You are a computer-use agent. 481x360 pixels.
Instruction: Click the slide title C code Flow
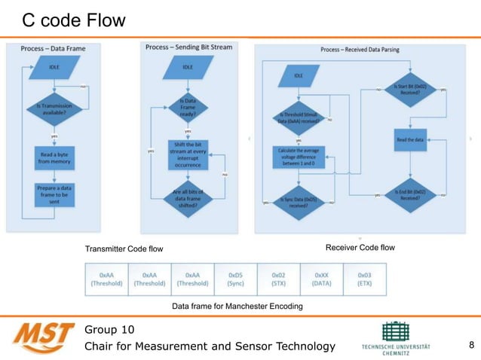[x=73, y=20]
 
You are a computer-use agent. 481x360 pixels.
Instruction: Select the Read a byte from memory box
[x=54, y=157]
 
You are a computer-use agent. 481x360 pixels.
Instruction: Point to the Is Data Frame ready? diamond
[x=188, y=108]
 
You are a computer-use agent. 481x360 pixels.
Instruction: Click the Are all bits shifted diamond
[x=188, y=197]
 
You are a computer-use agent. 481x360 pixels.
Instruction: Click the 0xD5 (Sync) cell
[x=236, y=279]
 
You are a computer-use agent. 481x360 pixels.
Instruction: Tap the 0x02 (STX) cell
[x=279, y=279]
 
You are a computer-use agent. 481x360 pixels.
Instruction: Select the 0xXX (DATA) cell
[x=322, y=279]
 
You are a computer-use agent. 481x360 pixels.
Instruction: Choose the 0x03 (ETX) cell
[x=365, y=279]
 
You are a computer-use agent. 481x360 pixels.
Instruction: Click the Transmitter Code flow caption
[x=124, y=249]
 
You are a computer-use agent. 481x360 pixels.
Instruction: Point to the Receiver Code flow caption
[x=360, y=247]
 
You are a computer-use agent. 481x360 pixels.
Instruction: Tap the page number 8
[x=471, y=346]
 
